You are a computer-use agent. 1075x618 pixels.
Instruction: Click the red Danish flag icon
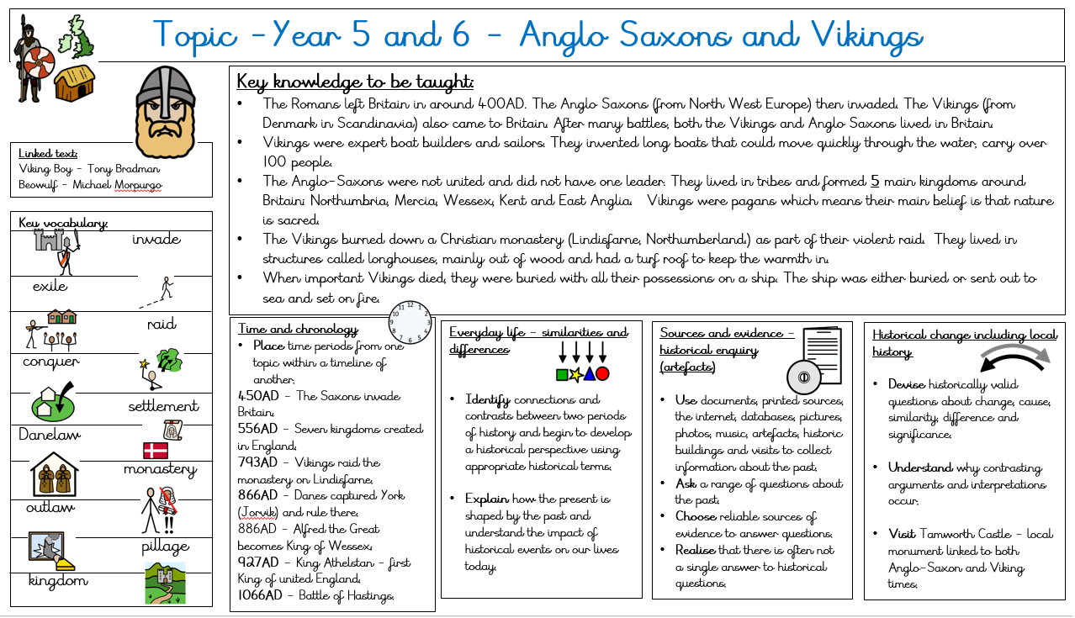coord(155,450)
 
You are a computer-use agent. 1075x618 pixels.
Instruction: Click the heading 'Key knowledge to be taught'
coord(355,82)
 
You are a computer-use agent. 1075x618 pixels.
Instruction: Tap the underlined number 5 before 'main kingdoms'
coord(874,181)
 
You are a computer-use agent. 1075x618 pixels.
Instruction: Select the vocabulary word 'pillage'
coord(165,547)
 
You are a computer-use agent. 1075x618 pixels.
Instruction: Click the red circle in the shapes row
coord(602,373)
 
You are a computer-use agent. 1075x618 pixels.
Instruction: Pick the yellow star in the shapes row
coord(575,373)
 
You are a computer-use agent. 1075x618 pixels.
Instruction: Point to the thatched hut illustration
coord(74,82)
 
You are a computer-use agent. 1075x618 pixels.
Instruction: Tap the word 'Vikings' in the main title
coord(866,35)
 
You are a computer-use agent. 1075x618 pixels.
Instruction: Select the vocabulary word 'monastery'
coord(160,469)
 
